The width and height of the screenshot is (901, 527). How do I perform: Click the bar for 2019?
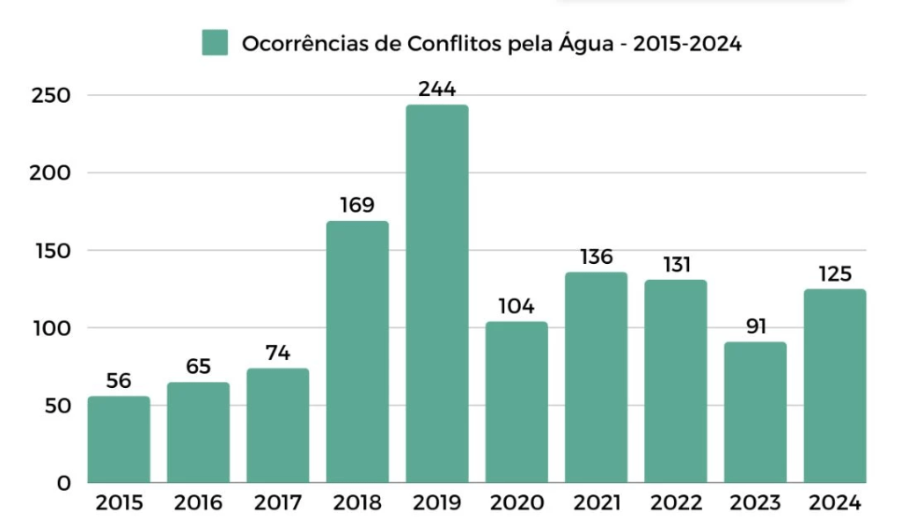tap(436, 294)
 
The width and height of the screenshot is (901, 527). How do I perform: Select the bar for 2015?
tap(119, 439)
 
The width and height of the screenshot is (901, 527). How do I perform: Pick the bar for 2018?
tap(357, 351)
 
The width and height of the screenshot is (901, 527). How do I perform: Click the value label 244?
tap(436, 89)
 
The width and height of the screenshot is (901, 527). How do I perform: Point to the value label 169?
tap(357, 205)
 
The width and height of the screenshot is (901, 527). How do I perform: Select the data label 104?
tap(516, 306)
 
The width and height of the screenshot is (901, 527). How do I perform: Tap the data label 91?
tap(755, 326)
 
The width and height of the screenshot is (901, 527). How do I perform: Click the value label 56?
tap(119, 381)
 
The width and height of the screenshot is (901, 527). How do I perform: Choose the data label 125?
tap(834, 273)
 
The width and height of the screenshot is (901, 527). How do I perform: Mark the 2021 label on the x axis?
tap(596, 503)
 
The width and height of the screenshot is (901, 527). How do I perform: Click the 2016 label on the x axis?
tap(198, 503)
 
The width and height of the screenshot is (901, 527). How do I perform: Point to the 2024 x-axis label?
tap(834, 503)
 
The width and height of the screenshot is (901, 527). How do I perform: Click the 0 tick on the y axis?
tap(63, 483)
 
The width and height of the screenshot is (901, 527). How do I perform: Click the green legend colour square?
tap(215, 42)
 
